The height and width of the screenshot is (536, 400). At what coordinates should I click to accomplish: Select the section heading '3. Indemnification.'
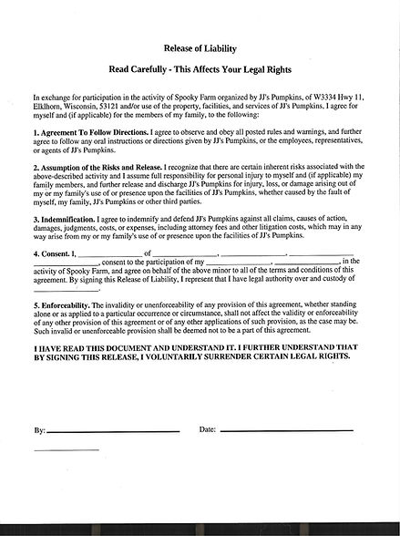click(x=67, y=219)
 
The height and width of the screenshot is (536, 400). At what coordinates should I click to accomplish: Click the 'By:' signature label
click(x=39, y=428)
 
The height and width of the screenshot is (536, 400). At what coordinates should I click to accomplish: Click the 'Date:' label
click(x=207, y=428)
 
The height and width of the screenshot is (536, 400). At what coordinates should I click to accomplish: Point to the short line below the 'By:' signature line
click(x=66, y=450)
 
